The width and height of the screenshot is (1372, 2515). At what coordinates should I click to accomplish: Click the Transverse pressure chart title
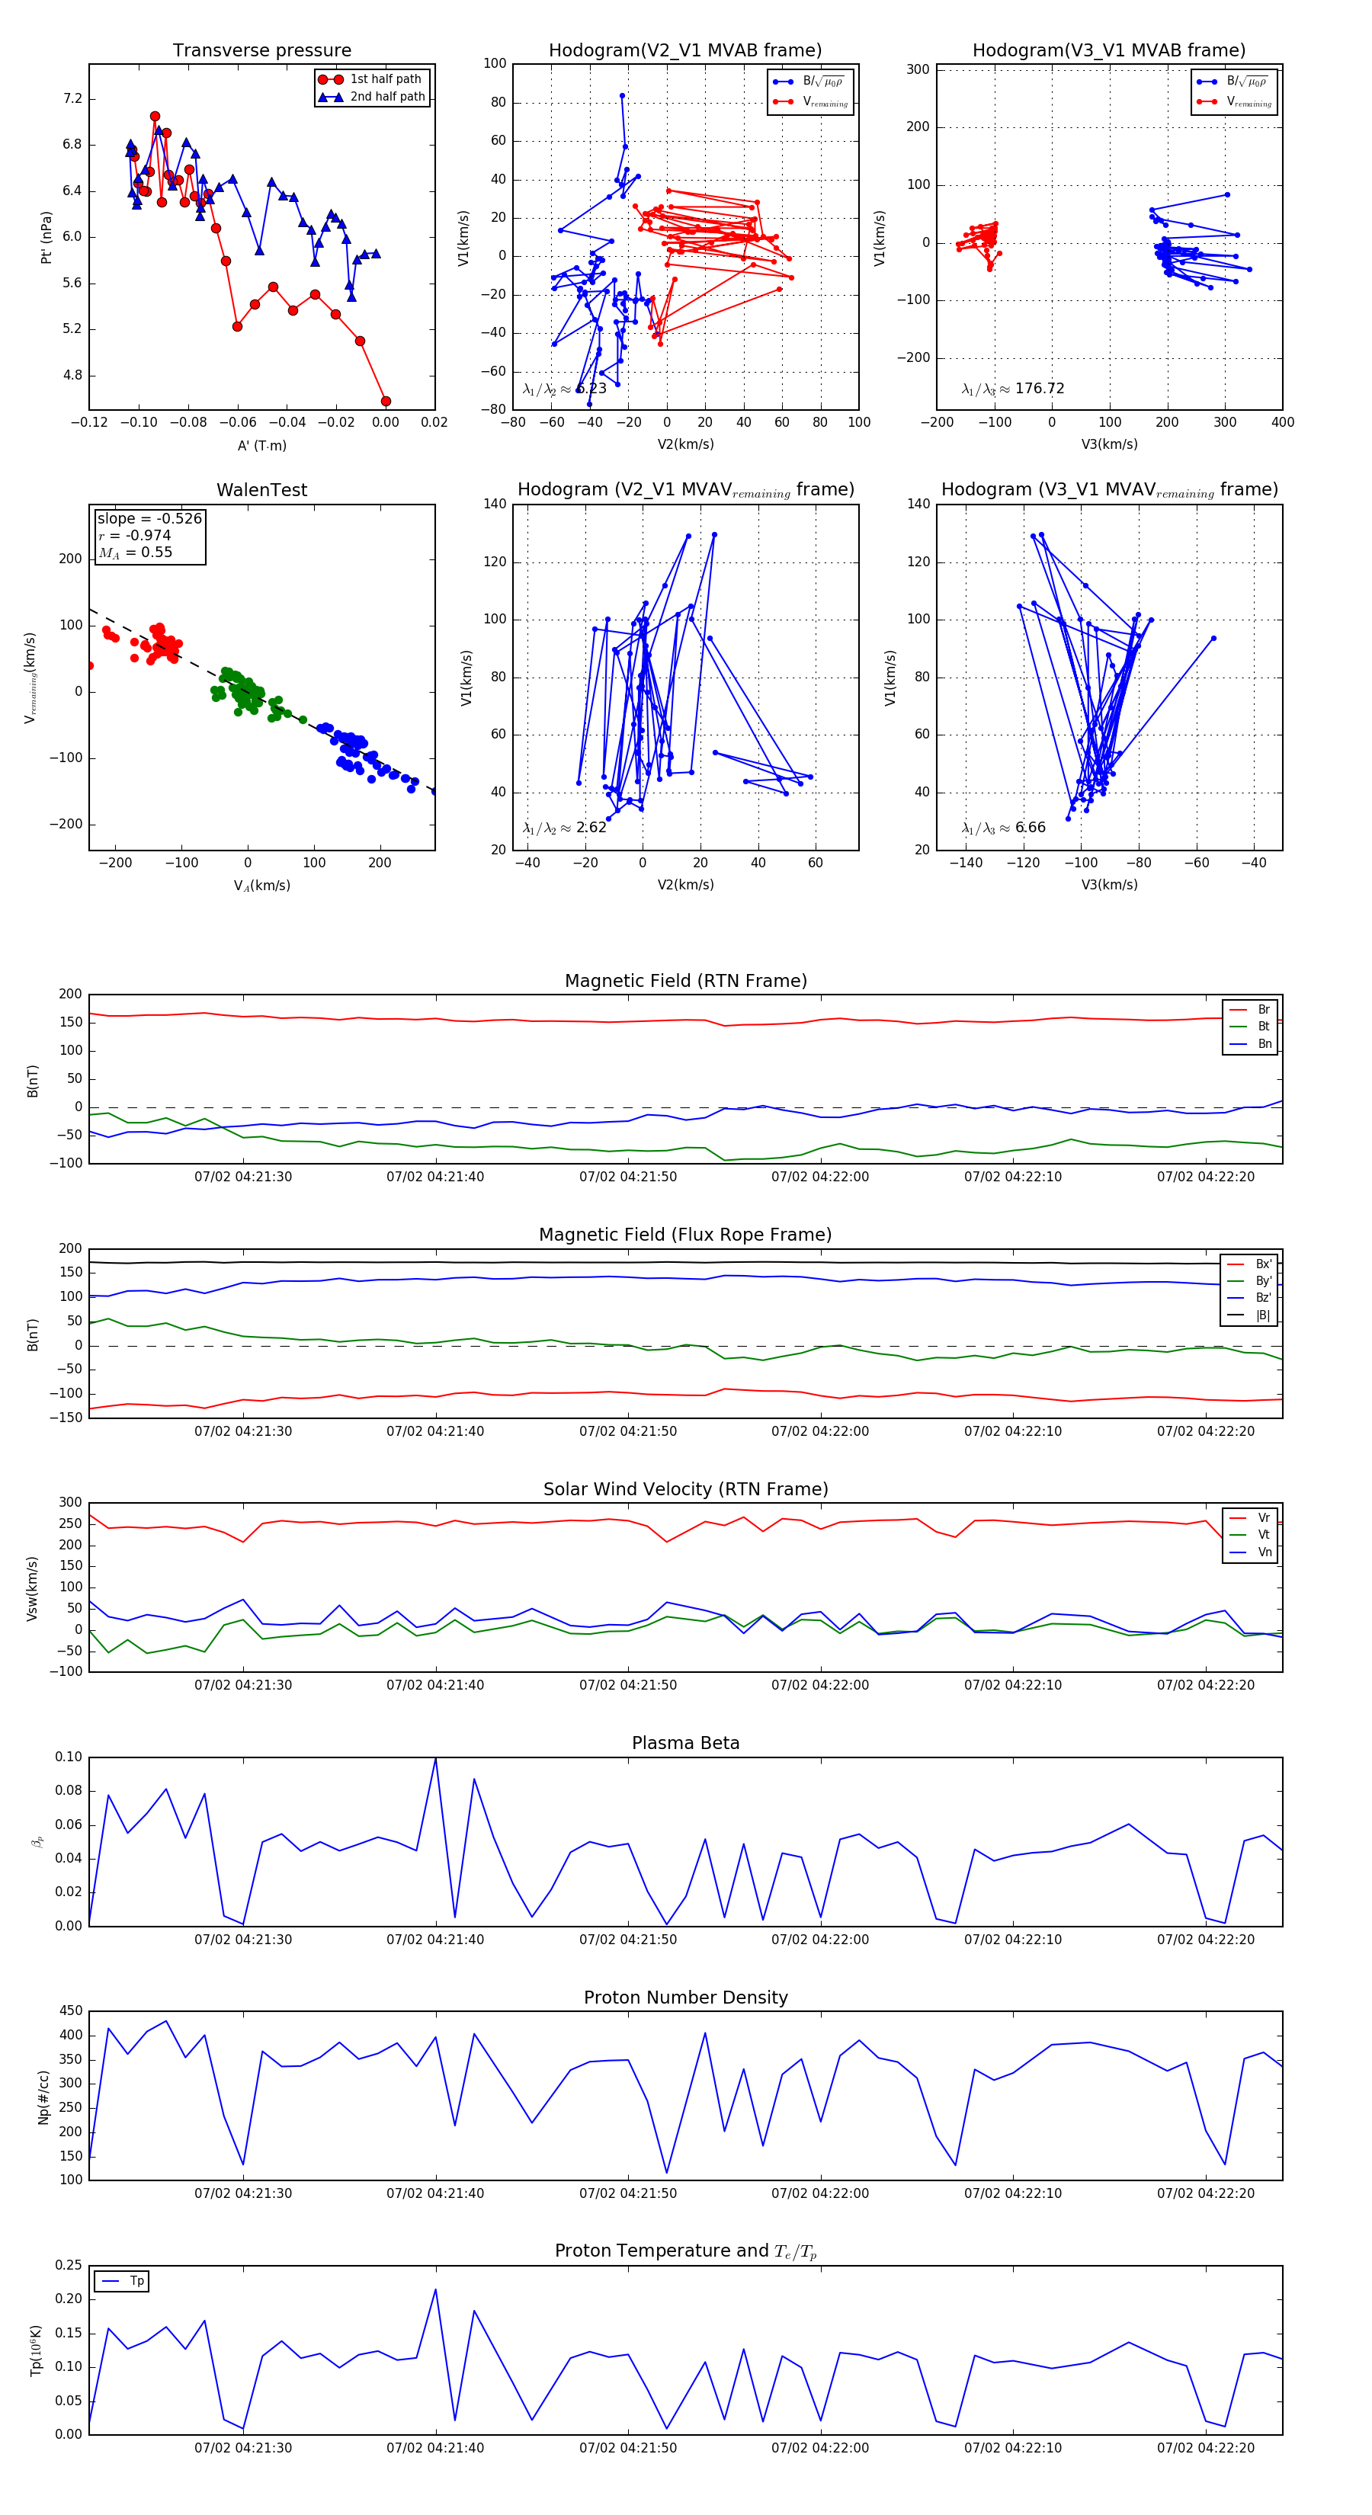(261, 51)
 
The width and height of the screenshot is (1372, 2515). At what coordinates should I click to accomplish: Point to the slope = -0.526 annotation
(149, 518)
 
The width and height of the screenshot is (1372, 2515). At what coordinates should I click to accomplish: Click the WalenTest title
(261, 490)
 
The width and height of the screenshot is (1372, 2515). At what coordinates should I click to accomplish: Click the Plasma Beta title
(685, 1743)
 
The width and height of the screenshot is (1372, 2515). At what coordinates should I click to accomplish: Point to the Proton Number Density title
(685, 1998)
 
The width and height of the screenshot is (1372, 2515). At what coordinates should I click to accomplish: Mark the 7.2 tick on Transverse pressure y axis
(72, 98)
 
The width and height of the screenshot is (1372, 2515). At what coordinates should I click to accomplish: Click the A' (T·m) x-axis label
(261, 445)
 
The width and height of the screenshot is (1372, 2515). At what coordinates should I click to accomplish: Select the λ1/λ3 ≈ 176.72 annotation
(1013, 389)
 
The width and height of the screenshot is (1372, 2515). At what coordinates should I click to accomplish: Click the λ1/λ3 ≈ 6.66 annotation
(1003, 828)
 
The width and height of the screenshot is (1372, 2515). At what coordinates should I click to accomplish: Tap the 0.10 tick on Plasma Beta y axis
(69, 1757)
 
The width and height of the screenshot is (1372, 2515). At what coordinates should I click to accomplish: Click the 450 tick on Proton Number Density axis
(72, 2011)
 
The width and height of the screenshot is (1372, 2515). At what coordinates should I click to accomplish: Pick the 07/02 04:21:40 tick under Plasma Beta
(435, 1940)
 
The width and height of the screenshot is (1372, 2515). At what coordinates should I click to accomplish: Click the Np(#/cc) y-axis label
(43, 2096)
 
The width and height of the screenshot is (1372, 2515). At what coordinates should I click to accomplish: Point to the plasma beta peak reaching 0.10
(435, 1758)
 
